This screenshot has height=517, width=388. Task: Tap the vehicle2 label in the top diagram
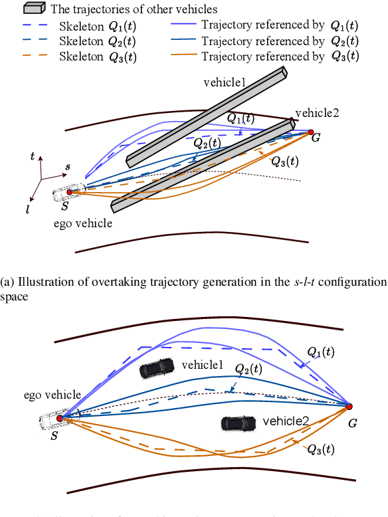(x=317, y=112)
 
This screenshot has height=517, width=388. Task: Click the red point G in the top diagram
(x=310, y=134)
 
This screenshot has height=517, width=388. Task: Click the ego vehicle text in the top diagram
(x=83, y=223)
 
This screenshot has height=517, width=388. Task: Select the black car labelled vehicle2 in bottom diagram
(x=237, y=423)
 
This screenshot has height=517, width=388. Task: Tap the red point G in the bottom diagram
(x=349, y=406)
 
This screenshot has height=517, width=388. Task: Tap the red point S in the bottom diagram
(x=60, y=419)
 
